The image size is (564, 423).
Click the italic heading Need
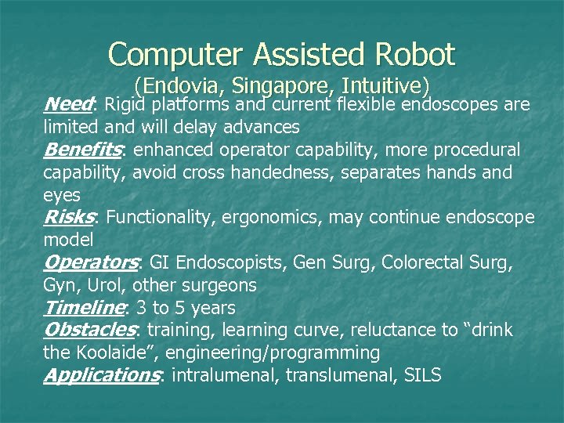coord(68,104)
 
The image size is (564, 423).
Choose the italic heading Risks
coord(69,216)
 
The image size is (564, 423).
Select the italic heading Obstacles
coord(89,330)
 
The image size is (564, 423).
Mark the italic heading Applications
coord(101,375)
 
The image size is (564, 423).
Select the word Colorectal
coord(393,262)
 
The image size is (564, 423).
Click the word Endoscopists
coord(233,262)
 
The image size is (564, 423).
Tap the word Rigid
coord(125,104)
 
